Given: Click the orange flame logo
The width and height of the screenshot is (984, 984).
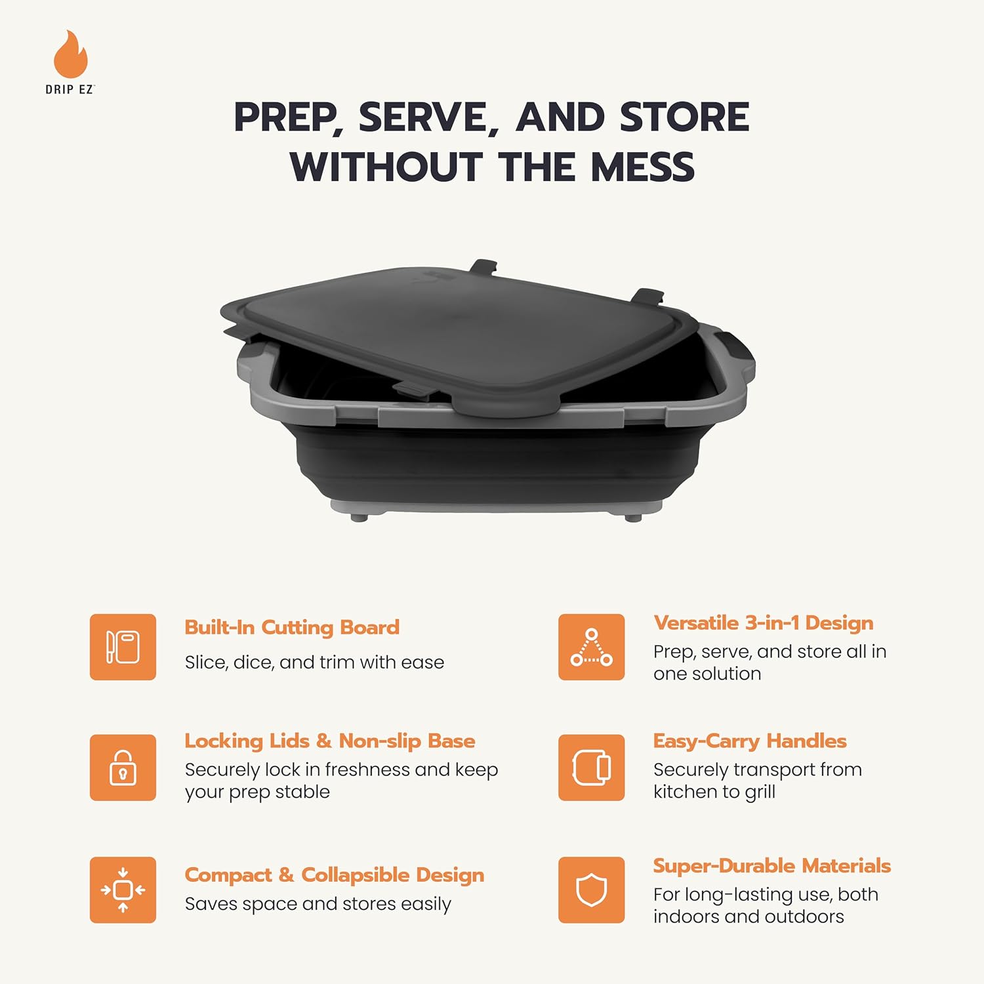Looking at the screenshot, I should point(70,55).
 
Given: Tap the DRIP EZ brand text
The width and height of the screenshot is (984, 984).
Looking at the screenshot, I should point(70,90).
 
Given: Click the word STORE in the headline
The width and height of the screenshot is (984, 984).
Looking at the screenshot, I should point(684,118).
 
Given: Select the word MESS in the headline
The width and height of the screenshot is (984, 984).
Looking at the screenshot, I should point(642,167).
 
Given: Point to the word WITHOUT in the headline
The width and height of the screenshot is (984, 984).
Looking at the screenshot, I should point(386,167).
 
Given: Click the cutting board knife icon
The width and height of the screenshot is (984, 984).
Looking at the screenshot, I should point(123,647).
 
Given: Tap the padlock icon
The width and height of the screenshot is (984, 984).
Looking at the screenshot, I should point(123,768).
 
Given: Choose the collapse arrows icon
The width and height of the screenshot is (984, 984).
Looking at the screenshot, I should point(123,890).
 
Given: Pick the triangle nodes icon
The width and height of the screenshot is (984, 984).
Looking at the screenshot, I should point(591,647).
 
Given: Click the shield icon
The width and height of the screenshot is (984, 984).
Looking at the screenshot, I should point(591,890).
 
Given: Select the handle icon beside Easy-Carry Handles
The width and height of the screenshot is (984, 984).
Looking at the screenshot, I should point(591,768).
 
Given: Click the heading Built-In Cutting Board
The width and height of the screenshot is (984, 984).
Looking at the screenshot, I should point(292,627).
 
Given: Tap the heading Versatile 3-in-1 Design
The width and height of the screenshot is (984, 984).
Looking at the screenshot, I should point(763,623).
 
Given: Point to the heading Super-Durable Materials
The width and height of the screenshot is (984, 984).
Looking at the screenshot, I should point(771,866).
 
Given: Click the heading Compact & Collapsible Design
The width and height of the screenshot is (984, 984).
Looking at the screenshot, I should point(335,875).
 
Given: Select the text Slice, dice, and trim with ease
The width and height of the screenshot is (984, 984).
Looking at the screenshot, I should point(314,663).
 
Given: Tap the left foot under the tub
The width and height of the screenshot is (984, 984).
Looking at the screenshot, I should point(359,518).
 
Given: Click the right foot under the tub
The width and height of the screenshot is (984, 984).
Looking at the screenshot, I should point(633,518).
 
